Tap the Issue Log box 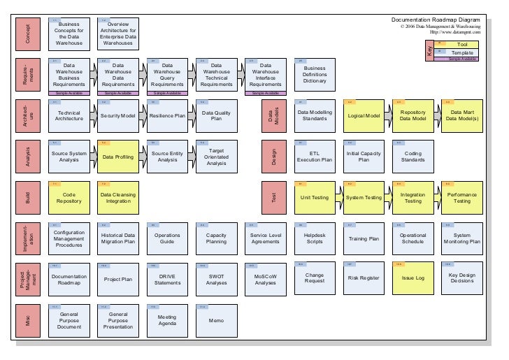413,278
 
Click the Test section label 273,199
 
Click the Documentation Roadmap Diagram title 436,20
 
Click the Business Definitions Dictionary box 315,75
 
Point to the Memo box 216,321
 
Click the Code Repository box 69,199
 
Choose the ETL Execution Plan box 315,158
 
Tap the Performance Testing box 461,199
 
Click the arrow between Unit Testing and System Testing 339,198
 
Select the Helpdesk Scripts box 315,238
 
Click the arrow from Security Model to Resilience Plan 143,117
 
